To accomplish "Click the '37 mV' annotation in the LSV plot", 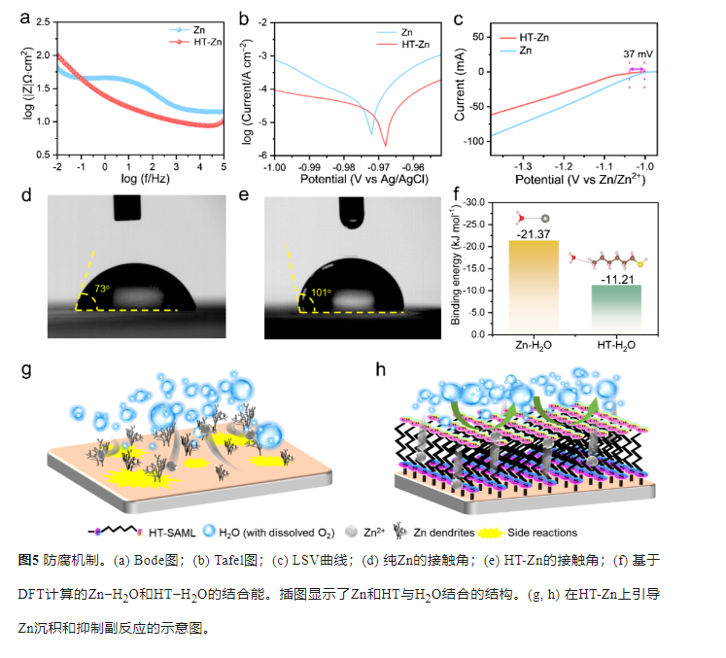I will [x=638, y=54].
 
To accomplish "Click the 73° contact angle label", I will [x=104, y=290].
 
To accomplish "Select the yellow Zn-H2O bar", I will [x=534, y=287].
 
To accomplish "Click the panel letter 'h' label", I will [x=380, y=370].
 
